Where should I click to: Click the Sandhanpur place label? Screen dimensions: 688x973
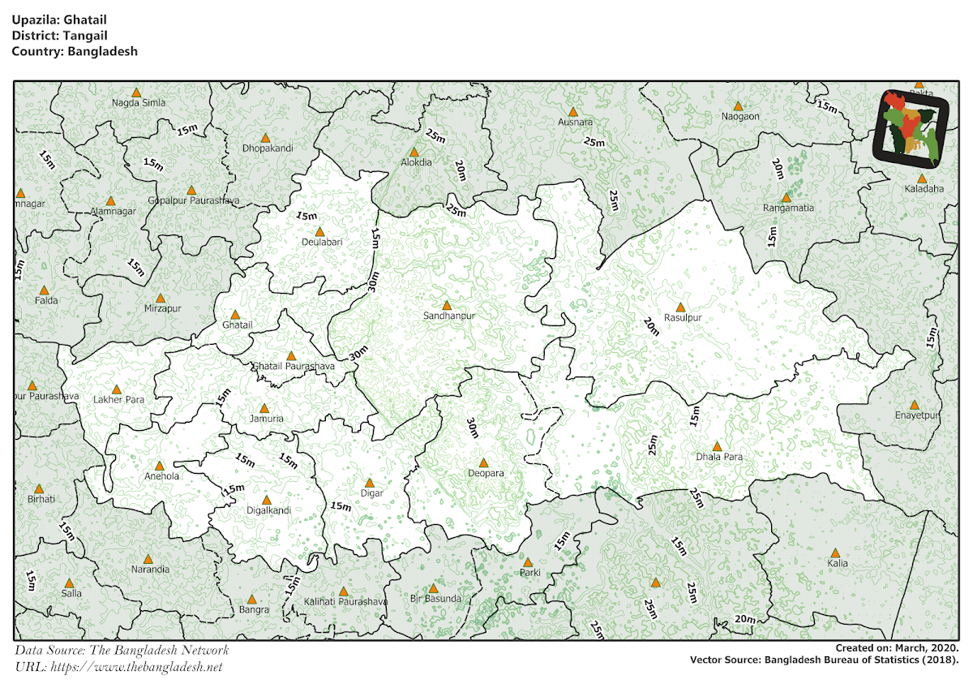tap(448, 316)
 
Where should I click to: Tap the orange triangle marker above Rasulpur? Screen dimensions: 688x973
tap(680, 307)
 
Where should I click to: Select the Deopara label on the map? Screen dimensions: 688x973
tap(486, 473)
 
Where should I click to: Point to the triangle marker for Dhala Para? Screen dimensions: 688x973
tap(717, 446)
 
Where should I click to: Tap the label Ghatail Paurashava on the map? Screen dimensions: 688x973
tap(293, 367)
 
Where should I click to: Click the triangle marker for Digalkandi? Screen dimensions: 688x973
tap(267, 501)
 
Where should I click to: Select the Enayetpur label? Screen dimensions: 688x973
tap(917, 415)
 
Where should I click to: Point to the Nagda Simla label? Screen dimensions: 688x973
tap(139, 103)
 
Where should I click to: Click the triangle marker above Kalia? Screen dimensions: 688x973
tap(836, 553)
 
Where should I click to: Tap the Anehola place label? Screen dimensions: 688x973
tap(161, 476)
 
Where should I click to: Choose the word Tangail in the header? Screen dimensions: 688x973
tap(83, 36)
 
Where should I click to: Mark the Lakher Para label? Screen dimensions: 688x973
tap(118, 400)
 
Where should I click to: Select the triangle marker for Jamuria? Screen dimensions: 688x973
tap(264, 408)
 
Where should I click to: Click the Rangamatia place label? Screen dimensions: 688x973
tap(788, 208)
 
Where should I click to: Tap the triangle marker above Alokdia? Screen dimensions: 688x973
tap(414, 152)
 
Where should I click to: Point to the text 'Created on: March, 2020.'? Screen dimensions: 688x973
tap(897, 647)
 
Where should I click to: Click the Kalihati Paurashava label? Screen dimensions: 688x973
tap(345, 601)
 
